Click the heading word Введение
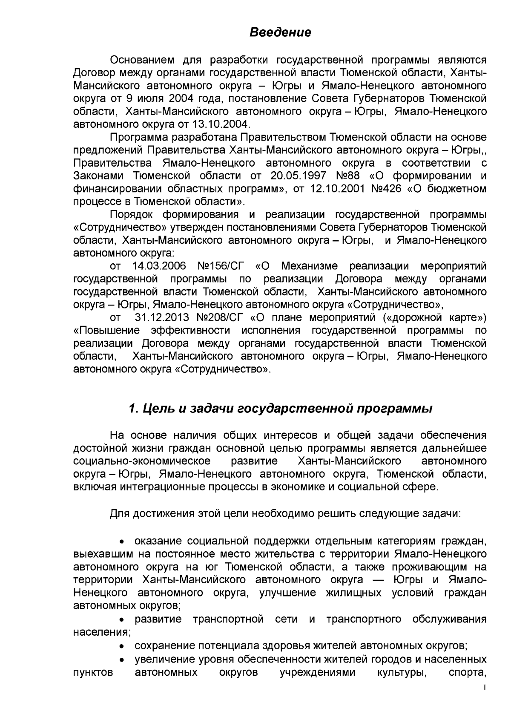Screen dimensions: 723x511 pos(280,32)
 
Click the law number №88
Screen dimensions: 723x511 pos(348,176)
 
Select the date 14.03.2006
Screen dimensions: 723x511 pos(159,266)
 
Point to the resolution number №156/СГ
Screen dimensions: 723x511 pos(222,266)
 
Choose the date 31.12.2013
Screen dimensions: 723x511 pos(161,318)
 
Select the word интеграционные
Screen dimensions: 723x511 pos(163,487)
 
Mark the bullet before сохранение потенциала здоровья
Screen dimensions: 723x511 pos(122,646)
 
